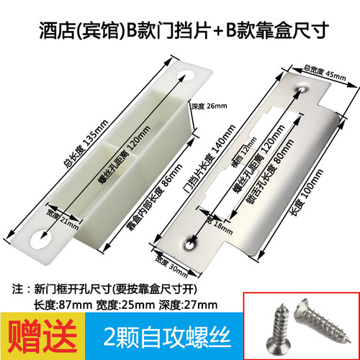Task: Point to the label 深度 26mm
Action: click(209, 107)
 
